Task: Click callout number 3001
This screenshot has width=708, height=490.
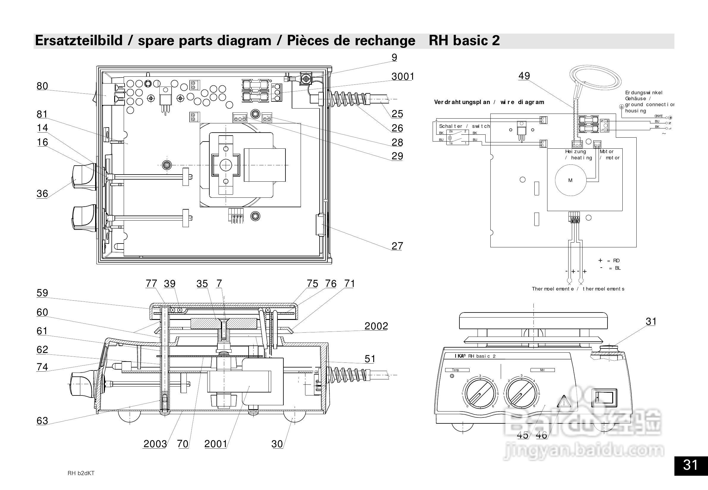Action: [403, 76]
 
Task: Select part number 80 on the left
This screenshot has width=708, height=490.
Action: [42, 86]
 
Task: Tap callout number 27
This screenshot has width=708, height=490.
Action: [397, 246]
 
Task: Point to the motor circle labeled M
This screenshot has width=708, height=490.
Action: [570, 180]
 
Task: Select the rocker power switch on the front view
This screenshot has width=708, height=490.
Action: [604, 398]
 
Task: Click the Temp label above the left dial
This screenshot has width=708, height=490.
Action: [457, 370]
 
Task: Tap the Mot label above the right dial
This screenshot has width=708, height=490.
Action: [542, 370]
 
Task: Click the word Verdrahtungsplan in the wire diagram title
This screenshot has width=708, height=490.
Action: [462, 102]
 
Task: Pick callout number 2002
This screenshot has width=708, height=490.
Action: [376, 326]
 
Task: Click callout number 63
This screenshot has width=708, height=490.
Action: [42, 421]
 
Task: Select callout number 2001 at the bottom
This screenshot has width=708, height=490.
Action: [216, 444]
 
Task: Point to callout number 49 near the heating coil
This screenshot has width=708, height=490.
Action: [524, 76]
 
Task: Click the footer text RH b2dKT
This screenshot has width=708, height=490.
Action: [81, 473]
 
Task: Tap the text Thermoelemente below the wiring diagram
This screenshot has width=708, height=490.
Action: [553, 289]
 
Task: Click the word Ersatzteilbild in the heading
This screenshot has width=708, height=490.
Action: [79, 40]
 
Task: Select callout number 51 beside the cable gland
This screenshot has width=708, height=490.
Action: [370, 359]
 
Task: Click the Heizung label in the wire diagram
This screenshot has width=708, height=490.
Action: [575, 152]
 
